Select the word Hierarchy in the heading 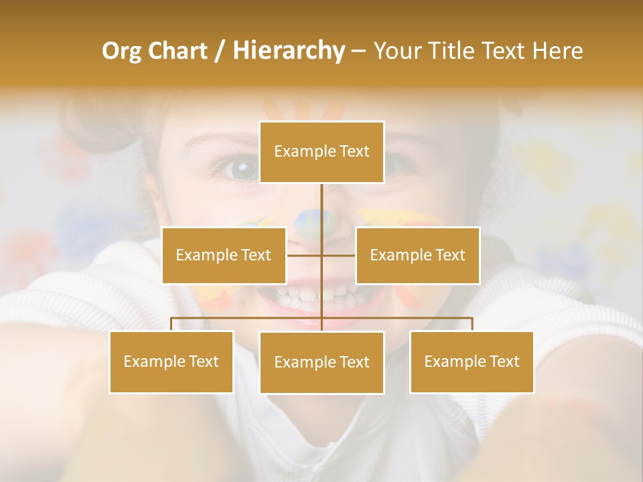[288, 51]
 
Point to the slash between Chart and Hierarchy [219, 51]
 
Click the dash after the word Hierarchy [358, 52]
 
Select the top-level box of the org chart [321, 152]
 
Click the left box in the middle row [224, 255]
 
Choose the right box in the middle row [418, 255]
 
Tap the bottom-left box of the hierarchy [171, 361]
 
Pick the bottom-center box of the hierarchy [321, 362]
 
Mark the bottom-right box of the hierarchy [472, 361]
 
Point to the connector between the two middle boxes [321, 255]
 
